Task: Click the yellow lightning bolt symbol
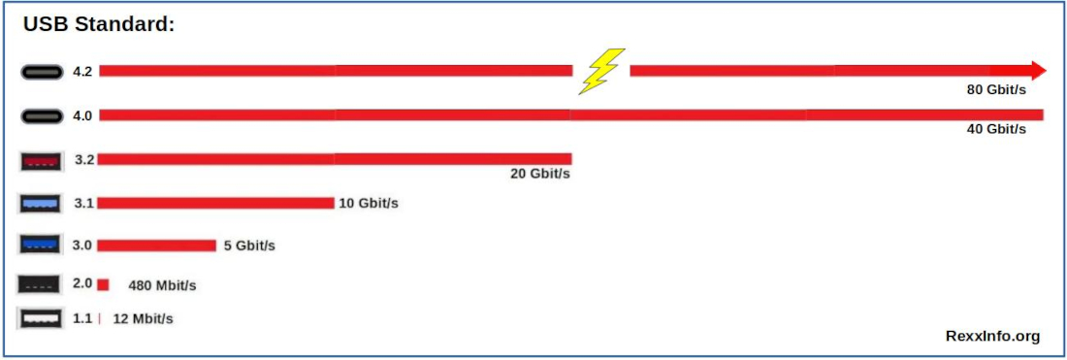(x=601, y=71)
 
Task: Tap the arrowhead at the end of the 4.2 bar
(x=1039, y=70)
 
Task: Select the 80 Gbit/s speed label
(x=996, y=90)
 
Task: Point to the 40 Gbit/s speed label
(x=996, y=129)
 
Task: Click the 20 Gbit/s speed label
(x=540, y=175)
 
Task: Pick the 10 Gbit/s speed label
(x=369, y=203)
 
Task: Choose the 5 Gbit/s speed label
(x=249, y=245)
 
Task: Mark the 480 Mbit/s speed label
(x=162, y=285)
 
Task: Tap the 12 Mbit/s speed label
(x=143, y=318)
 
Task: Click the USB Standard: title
(x=99, y=25)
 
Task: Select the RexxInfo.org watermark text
(x=992, y=336)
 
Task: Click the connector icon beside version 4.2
(x=42, y=71)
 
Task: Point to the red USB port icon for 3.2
(x=42, y=160)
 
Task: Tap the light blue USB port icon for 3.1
(x=42, y=204)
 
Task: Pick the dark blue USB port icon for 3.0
(x=42, y=245)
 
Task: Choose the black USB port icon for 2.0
(x=42, y=284)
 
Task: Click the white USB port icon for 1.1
(x=42, y=318)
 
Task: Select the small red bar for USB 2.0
(x=103, y=284)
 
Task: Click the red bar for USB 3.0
(x=156, y=245)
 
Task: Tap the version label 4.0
(x=82, y=115)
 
